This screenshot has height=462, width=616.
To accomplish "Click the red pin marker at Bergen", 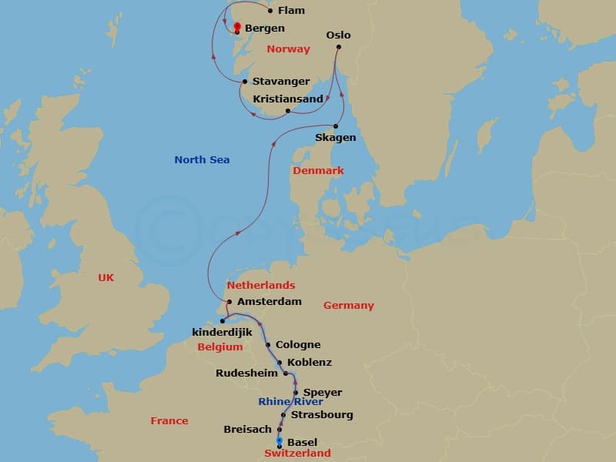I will [x=236, y=28].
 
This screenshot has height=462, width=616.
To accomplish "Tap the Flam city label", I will [x=290, y=11].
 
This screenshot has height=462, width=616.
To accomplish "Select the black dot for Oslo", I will [x=338, y=48].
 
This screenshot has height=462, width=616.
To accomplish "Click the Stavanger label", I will [x=281, y=82].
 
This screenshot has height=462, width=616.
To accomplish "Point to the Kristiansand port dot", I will [x=288, y=111].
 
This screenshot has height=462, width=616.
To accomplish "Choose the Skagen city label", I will [x=336, y=138].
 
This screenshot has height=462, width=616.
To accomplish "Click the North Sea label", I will [x=202, y=160].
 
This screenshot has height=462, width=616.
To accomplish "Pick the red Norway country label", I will [x=288, y=49].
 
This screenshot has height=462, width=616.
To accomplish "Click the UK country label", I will [x=105, y=278].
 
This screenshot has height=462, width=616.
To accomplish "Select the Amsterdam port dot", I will [x=229, y=302].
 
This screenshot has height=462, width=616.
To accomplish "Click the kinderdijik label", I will [x=223, y=332].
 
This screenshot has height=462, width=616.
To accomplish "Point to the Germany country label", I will [x=348, y=306].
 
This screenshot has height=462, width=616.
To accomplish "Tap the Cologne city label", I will [x=298, y=345].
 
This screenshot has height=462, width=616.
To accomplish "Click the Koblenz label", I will [x=309, y=362].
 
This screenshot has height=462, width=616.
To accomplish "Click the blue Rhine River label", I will [x=290, y=402].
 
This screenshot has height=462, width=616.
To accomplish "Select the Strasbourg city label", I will [x=322, y=415].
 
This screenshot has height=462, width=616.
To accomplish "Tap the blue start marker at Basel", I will [x=279, y=441].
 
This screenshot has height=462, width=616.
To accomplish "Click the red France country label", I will [x=169, y=421].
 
